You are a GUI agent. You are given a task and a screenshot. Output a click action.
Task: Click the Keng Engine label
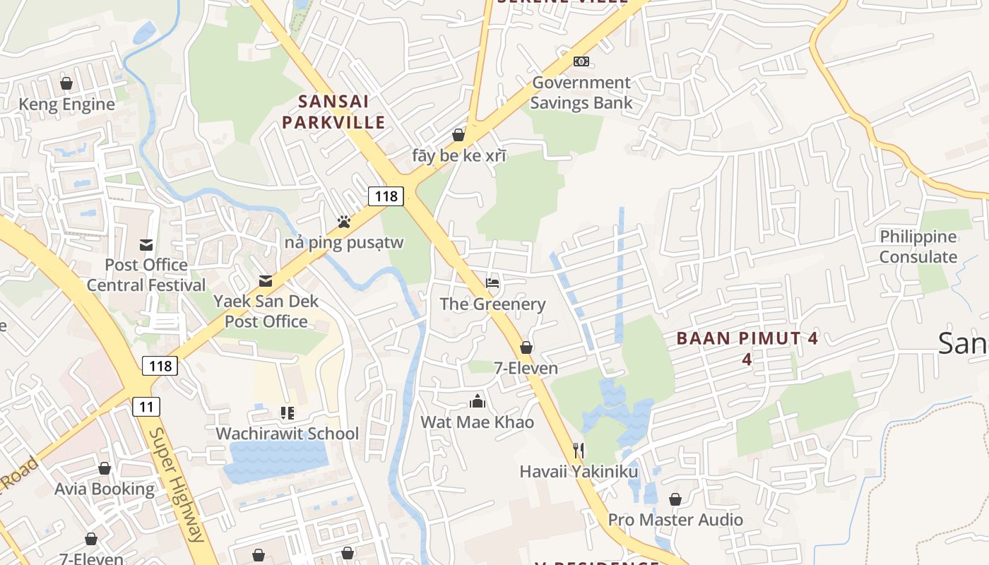[66, 105]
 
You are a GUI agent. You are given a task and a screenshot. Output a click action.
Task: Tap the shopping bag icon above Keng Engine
[66, 83]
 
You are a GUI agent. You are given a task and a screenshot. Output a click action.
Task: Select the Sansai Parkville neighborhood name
[333, 112]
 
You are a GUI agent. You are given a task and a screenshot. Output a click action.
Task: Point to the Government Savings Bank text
[581, 93]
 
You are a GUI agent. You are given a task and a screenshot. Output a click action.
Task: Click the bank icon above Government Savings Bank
[581, 61]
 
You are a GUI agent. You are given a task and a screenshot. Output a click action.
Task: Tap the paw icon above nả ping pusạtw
[344, 222]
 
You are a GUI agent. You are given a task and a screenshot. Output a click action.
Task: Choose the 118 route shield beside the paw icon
[386, 196]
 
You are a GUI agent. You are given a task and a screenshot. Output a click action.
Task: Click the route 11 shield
[146, 406]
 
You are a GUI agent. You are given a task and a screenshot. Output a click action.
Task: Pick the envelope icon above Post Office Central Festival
[146, 244]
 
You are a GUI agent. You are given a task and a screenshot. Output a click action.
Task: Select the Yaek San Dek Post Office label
[266, 311]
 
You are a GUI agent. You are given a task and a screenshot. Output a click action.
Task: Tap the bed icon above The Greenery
[492, 283]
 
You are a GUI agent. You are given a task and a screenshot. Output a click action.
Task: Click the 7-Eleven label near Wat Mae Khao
[526, 368]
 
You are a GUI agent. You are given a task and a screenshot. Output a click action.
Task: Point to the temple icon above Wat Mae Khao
[478, 402]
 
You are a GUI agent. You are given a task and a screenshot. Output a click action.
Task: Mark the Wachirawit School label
[287, 434]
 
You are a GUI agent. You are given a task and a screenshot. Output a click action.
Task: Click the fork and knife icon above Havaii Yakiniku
[579, 451]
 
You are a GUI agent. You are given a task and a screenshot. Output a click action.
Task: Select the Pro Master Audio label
[675, 520]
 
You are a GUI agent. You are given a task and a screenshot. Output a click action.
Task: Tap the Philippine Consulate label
[918, 246]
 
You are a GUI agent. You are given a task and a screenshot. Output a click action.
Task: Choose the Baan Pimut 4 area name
[747, 338]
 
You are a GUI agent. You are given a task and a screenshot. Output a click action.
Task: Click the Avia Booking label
[105, 489]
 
